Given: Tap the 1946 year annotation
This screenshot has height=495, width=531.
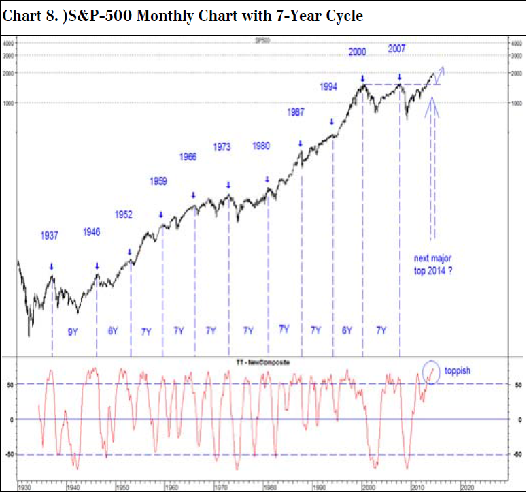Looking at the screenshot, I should pyautogui.click(x=91, y=231).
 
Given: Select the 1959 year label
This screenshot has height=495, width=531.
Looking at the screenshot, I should pyautogui.click(x=158, y=181).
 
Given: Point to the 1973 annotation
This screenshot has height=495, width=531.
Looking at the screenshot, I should pyautogui.click(x=222, y=146).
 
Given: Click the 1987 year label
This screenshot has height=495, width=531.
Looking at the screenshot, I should pyautogui.click(x=295, y=112).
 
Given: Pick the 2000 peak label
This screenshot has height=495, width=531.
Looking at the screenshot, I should pyautogui.click(x=358, y=52).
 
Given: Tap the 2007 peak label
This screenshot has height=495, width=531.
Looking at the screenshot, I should pyautogui.click(x=397, y=49).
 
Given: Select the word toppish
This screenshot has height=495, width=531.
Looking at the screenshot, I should pyautogui.click(x=458, y=372).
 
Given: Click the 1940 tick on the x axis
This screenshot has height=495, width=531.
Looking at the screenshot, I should pyautogui.click(x=73, y=488).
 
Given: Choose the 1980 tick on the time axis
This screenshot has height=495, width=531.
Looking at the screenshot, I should pyautogui.click(x=270, y=488).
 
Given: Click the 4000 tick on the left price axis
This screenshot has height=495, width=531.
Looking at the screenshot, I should pyautogui.click(x=9, y=44).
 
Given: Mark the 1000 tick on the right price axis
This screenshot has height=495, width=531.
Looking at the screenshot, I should pyautogui.click(x=516, y=103).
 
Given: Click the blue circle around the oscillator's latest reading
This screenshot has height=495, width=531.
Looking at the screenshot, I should pyautogui.click(x=430, y=372).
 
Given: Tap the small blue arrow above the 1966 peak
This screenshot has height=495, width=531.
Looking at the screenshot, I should pyautogui.click(x=193, y=195).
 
